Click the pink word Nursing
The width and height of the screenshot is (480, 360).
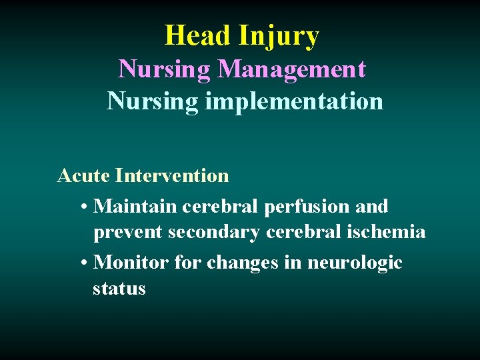pyautogui.click(x=164, y=69)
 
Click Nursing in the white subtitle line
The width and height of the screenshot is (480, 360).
pyautogui.click(x=153, y=101)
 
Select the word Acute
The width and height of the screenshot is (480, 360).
pyautogui.click(x=83, y=176)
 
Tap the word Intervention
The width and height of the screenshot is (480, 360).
pyautogui.click(x=172, y=176)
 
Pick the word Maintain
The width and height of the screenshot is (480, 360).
pyautogui.click(x=127, y=207)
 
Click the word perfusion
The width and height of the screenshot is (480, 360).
pyautogui.click(x=307, y=207)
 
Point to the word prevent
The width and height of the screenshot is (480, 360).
pyautogui.click(x=128, y=232)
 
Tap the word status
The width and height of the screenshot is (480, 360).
pyautogui.click(x=119, y=289)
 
